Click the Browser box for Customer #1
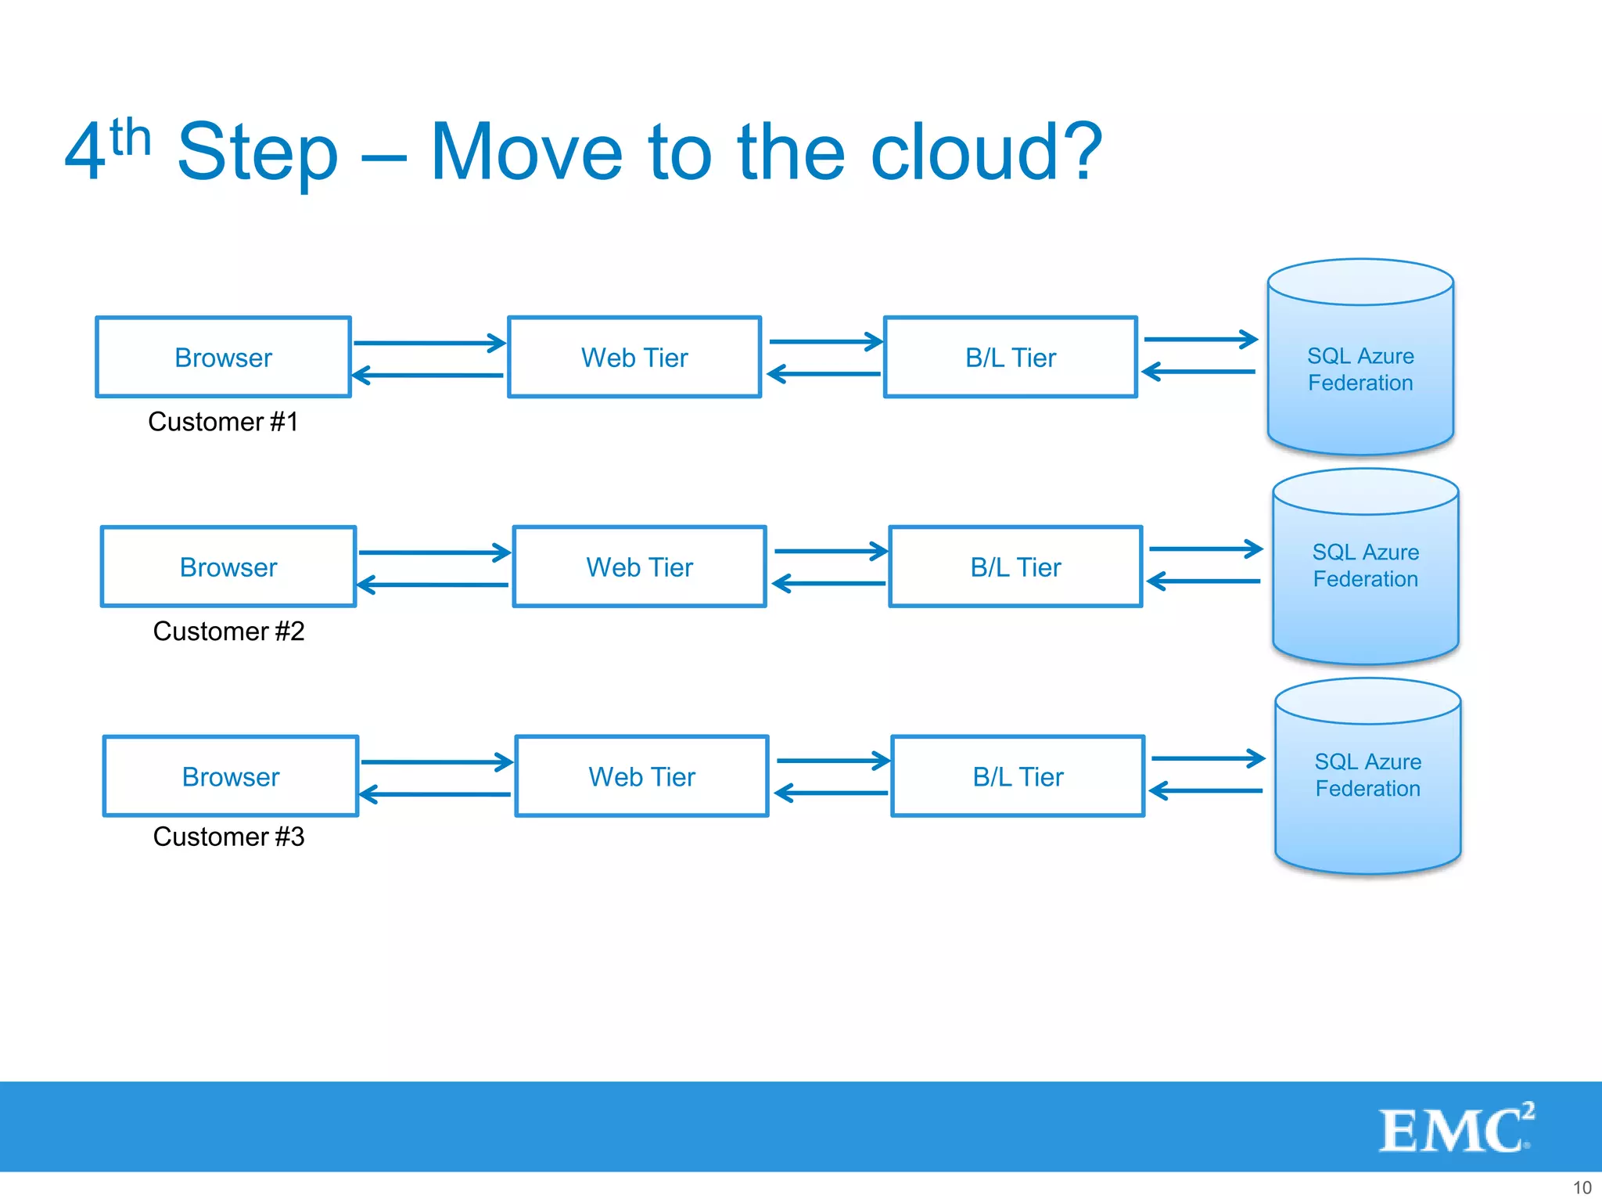[223, 358]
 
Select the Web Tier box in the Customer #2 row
[639, 567]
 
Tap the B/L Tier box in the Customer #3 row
[1018, 777]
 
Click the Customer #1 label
[223, 422]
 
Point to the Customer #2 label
[228, 632]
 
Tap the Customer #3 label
[228, 837]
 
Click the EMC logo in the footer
[1455, 1128]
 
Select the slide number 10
[1582, 1187]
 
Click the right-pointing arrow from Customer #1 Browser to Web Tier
[429, 343]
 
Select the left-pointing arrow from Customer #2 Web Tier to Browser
[433, 585]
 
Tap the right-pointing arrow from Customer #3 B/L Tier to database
[1207, 758]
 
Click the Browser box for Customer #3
[231, 777]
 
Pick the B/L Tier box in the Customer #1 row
[1010, 358]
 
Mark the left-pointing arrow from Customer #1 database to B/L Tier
[1199, 372]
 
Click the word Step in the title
[257, 153]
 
